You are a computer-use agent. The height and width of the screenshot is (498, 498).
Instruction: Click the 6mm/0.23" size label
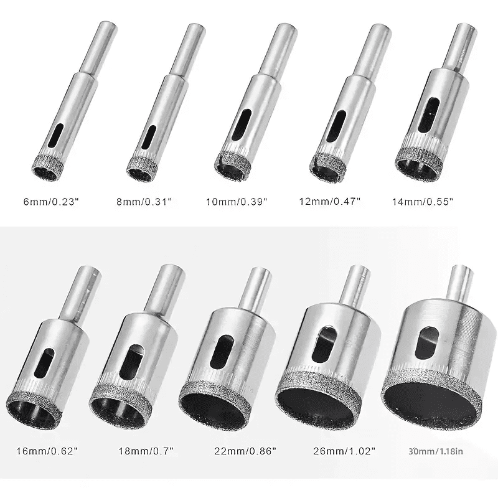tap(51, 202)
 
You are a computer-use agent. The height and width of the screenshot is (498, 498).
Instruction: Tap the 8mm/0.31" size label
tap(144, 202)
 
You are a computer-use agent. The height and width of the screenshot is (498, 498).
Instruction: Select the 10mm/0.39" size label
tap(237, 202)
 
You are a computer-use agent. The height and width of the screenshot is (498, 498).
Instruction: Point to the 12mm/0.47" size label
tap(330, 201)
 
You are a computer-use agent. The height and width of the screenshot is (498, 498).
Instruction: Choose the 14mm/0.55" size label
tap(423, 202)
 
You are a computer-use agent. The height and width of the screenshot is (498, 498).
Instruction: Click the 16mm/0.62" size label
tap(47, 451)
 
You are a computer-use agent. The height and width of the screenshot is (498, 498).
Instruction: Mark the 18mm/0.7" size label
tap(146, 451)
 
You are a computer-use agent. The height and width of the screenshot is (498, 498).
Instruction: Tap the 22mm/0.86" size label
tap(245, 451)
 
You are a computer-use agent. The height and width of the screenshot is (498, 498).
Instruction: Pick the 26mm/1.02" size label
tap(344, 451)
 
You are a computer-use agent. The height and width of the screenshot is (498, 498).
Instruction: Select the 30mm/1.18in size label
tap(436, 451)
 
